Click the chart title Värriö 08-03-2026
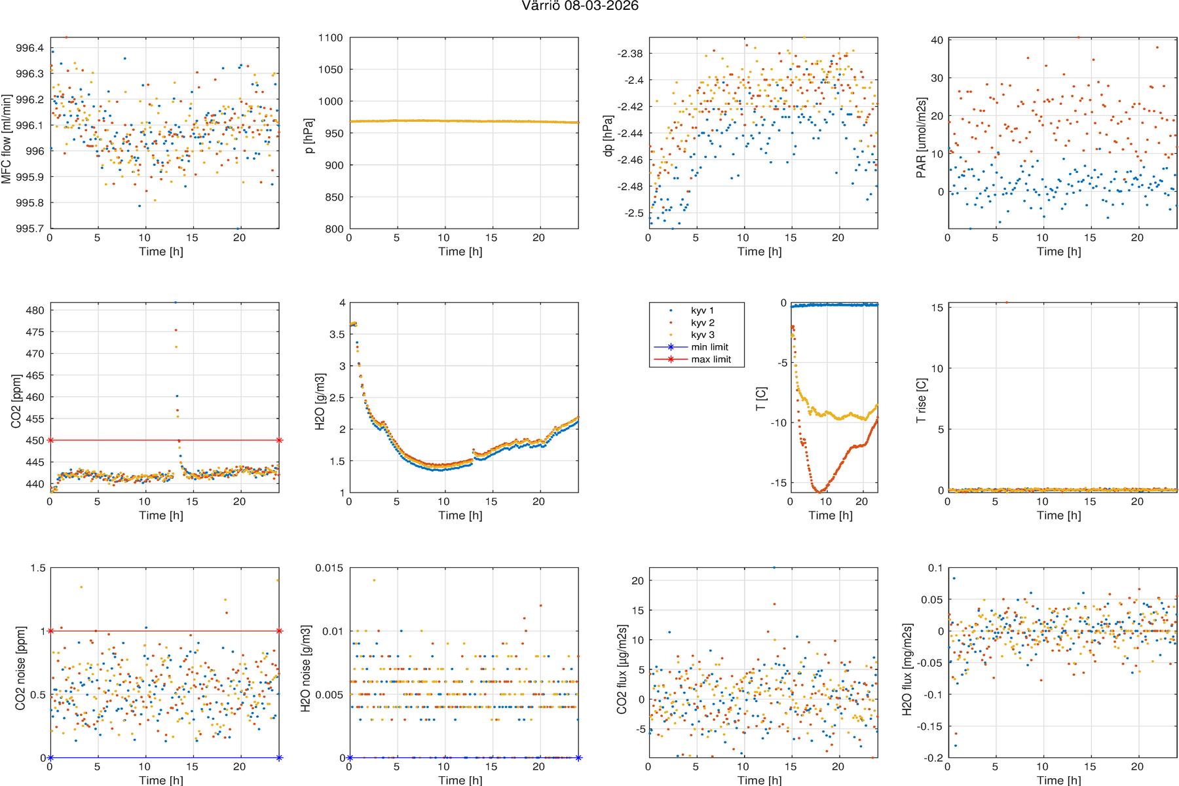[x=580, y=6]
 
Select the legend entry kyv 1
[x=702, y=310]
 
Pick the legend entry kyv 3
[x=702, y=335]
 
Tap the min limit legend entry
[x=709, y=347]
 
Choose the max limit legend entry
[x=711, y=359]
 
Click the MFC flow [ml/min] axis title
[x=7, y=139]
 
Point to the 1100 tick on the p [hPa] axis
[x=331, y=38]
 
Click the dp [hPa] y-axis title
[x=608, y=136]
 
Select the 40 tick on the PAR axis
[x=937, y=40]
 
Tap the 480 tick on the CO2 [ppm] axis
[x=35, y=310]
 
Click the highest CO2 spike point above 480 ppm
[x=176, y=302]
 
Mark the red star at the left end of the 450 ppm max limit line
[x=50, y=440]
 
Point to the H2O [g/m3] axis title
[x=320, y=402]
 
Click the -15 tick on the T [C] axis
[x=777, y=483]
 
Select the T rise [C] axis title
[x=921, y=400]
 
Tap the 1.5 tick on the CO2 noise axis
[x=38, y=568]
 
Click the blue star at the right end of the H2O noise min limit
[x=578, y=758]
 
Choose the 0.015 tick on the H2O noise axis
[x=329, y=568]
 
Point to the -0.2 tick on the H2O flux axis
[x=931, y=758]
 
